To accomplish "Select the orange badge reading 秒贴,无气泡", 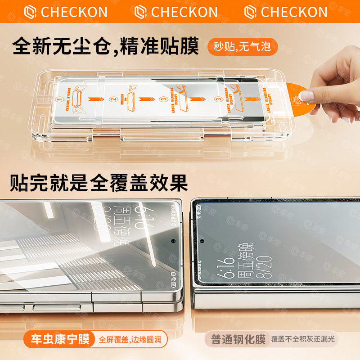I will point(242,46).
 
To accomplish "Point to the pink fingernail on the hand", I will point(307,95).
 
